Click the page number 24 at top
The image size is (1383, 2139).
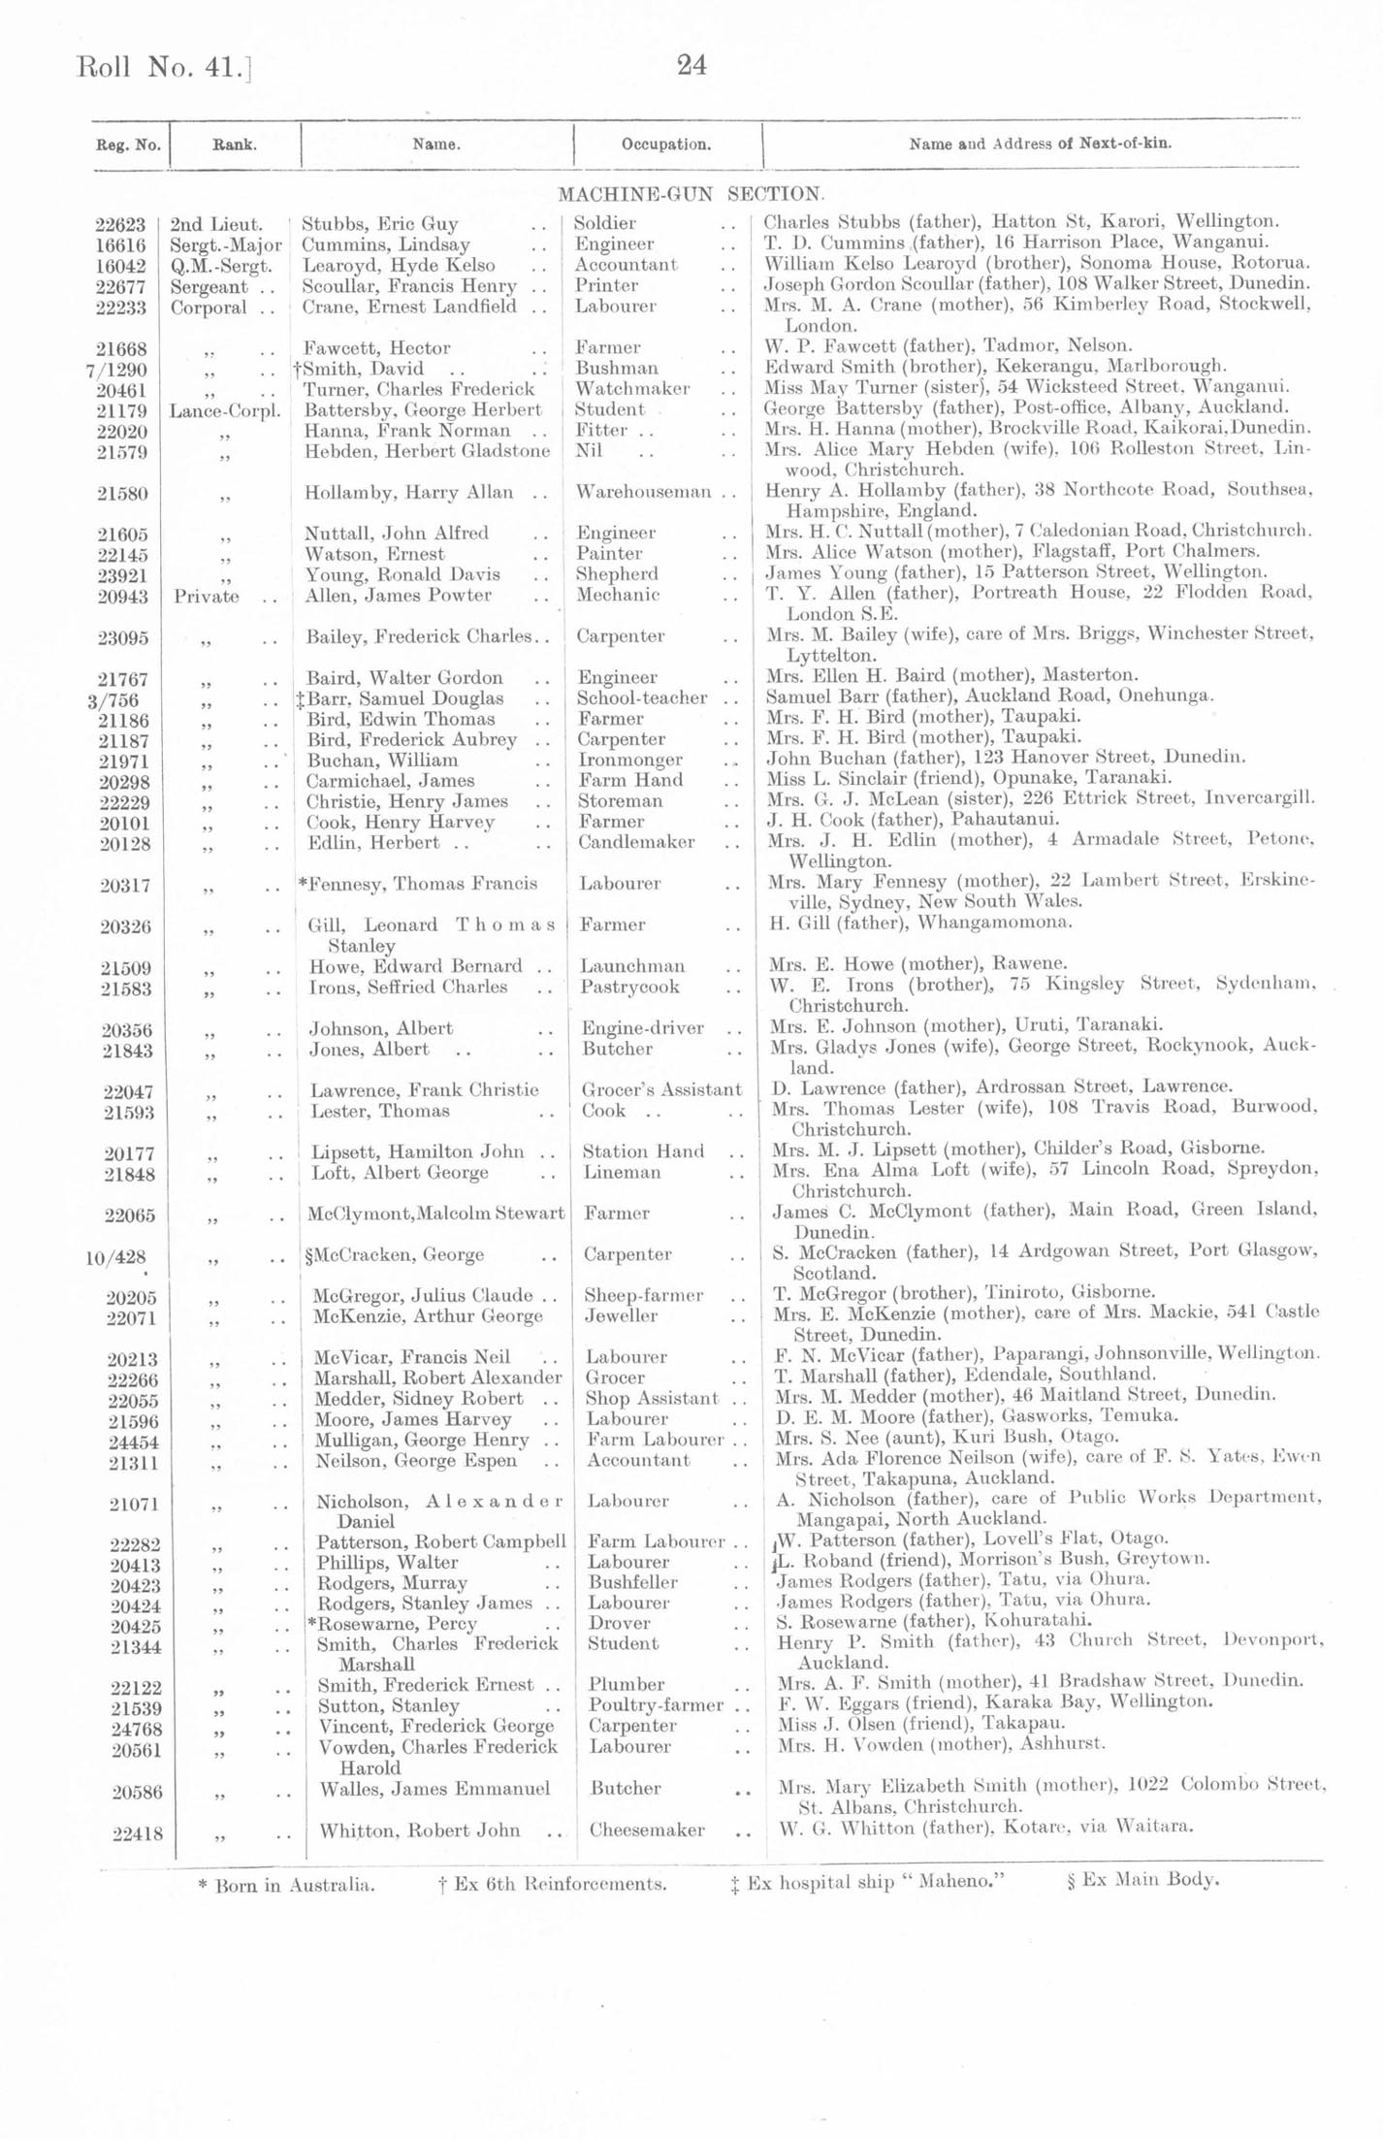[x=691, y=65]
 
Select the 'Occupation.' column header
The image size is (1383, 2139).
[x=666, y=145]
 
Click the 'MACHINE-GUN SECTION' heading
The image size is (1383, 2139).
[x=691, y=194]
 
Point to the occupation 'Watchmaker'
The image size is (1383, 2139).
[x=632, y=389]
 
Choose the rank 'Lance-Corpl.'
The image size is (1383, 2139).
[x=225, y=410]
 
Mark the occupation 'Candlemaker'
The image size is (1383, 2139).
[x=636, y=842]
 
